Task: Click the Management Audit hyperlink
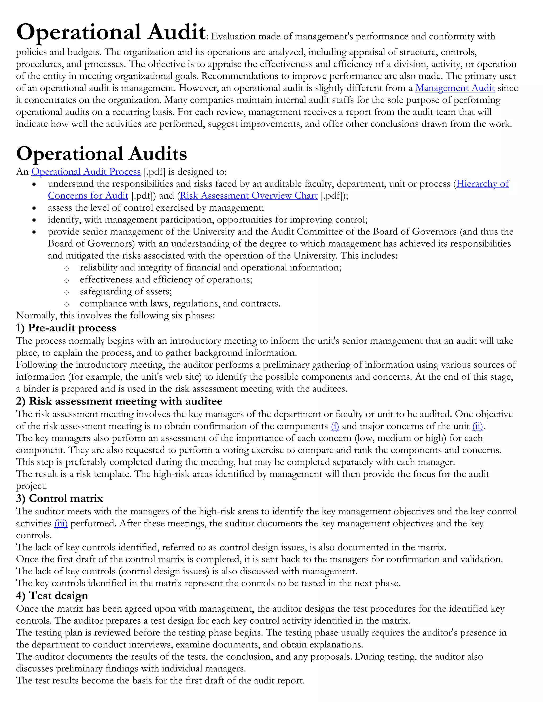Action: [x=454, y=88]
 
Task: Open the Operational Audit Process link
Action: [x=86, y=172]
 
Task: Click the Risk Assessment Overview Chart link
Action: [x=249, y=196]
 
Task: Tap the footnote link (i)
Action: [x=335, y=426]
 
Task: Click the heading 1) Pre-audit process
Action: [x=66, y=328]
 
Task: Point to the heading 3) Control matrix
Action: [x=59, y=499]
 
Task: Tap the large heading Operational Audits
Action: [x=101, y=154]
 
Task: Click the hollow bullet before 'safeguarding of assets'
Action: [x=67, y=292]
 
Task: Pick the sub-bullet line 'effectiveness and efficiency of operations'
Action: [x=166, y=280]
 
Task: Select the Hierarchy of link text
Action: [x=482, y=184]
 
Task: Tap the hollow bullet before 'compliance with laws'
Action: [x=67, y=304]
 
